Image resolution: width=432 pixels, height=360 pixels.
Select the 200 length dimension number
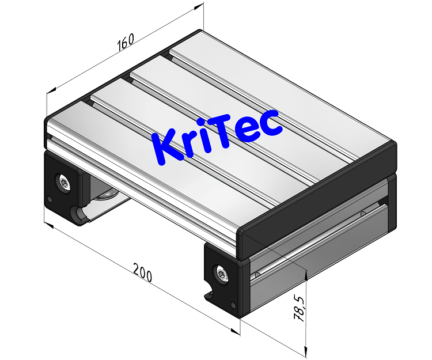[x=142, y=272]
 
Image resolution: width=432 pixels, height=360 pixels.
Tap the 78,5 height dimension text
[x=299, y=309]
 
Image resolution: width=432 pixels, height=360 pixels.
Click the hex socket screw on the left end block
[x=62, y=183]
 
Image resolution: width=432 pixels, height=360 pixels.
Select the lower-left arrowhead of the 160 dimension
[x=50, y=90]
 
